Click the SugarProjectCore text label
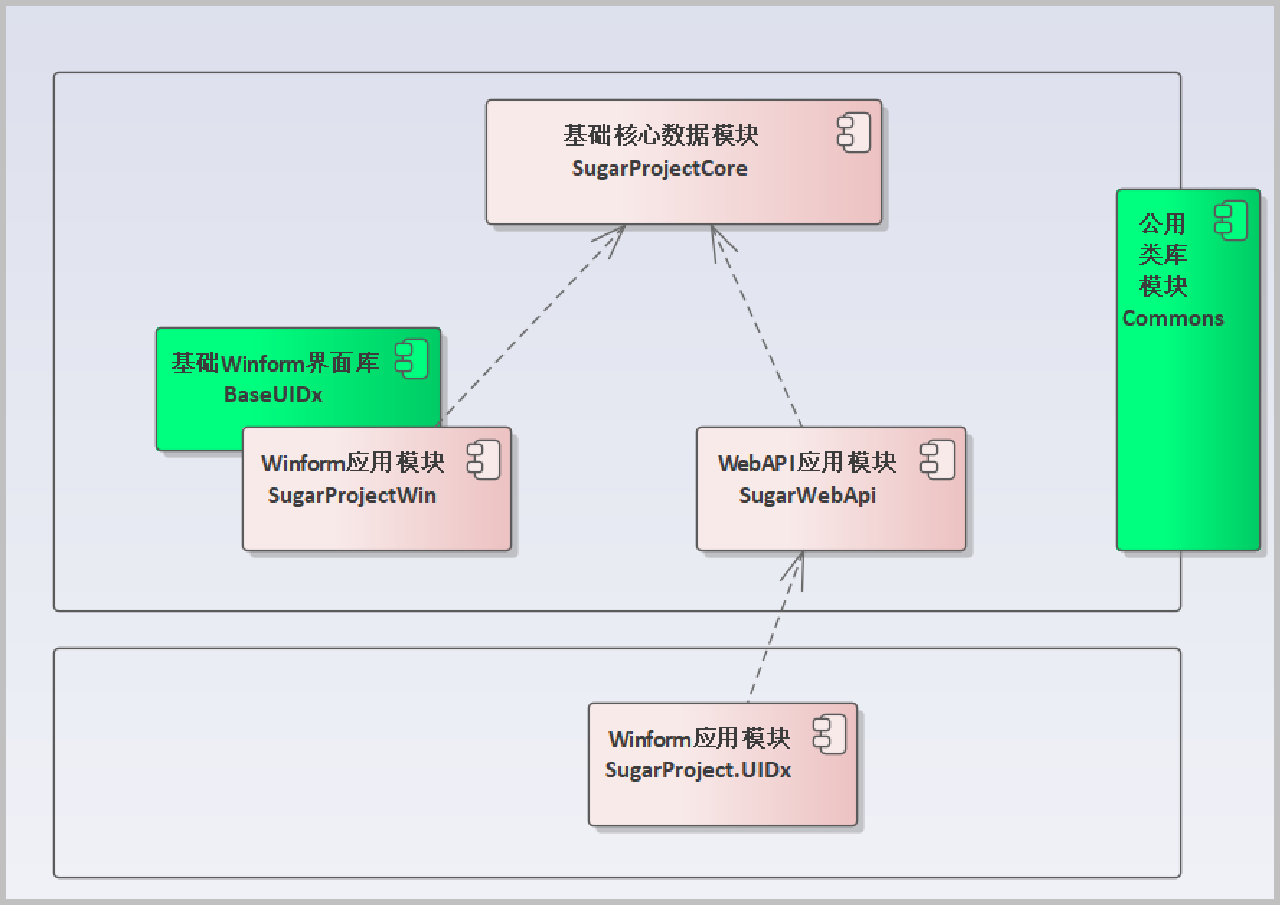click(659, 169)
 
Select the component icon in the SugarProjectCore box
click(854, 133)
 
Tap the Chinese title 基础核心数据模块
click(660, 135)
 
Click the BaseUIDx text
click(273, 395)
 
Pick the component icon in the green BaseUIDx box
click(412, 360)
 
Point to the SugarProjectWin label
click(352, 496)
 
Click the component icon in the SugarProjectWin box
click(484, 460)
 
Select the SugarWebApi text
click(807, 496)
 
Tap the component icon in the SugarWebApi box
click(938, 460)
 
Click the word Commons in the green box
click(1173, 318)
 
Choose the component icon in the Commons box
click(1231, 221)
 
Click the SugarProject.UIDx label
click(698, 770)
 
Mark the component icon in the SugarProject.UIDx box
click(830, 736)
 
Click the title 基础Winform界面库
click(275, 363)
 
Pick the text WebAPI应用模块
click(807, 463)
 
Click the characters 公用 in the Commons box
click(1163, 224)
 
